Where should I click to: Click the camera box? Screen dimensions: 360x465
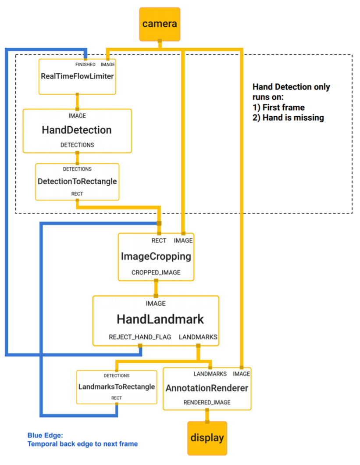pos(160,24)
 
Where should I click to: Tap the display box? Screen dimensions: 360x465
pos(207,438)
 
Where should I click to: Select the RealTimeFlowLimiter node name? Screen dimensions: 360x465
pos(77,76)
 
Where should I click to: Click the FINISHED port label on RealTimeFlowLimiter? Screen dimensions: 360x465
pos(85,64)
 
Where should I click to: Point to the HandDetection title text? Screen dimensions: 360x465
pos(76,130)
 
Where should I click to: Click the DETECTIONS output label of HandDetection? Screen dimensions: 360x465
pos(77,145)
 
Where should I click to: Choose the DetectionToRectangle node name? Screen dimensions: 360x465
pos(77,181)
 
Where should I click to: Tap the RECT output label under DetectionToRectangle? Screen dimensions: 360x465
pos(77,193)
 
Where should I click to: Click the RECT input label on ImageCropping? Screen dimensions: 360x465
pos(159,240)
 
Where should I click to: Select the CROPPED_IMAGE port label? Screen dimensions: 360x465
pos(156,272)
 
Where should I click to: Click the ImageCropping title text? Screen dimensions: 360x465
pos(156,257)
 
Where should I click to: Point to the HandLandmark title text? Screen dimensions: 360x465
pos(160,319)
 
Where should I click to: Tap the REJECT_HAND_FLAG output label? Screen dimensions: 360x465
pos(140,337)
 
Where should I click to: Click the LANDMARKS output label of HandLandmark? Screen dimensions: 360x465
pos(198,337)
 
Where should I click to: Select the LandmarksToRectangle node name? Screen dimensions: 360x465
pos(117,387)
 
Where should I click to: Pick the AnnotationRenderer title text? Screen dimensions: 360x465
pos(207,388)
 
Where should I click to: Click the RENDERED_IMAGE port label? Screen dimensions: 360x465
pos(207,402)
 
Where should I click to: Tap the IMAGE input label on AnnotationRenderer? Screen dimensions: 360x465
pos(241,374)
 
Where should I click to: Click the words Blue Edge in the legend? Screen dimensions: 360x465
pos(45,435)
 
